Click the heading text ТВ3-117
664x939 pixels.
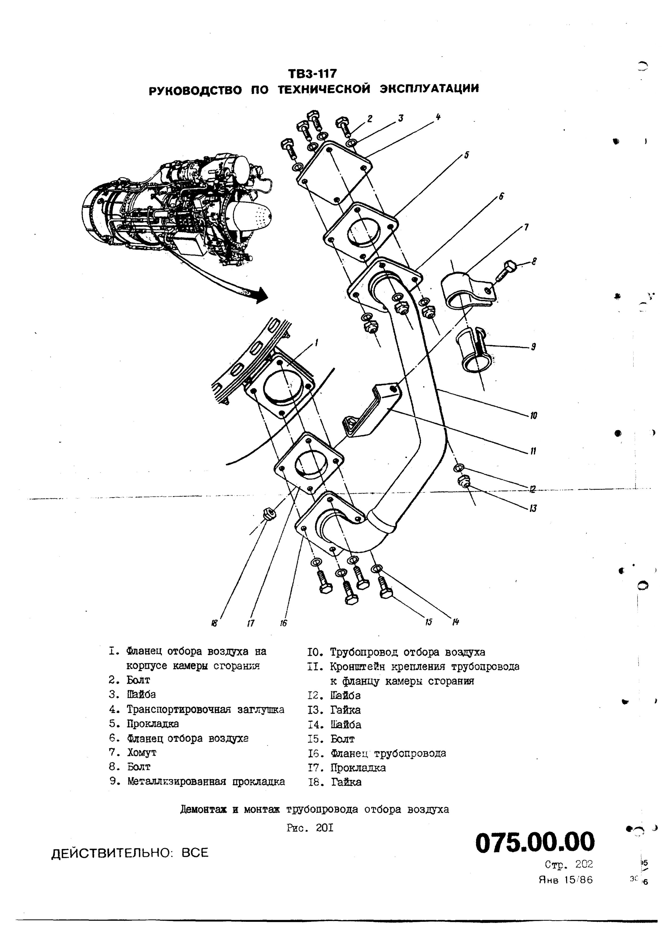[312, 74]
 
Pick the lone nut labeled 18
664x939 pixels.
[268, 514]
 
